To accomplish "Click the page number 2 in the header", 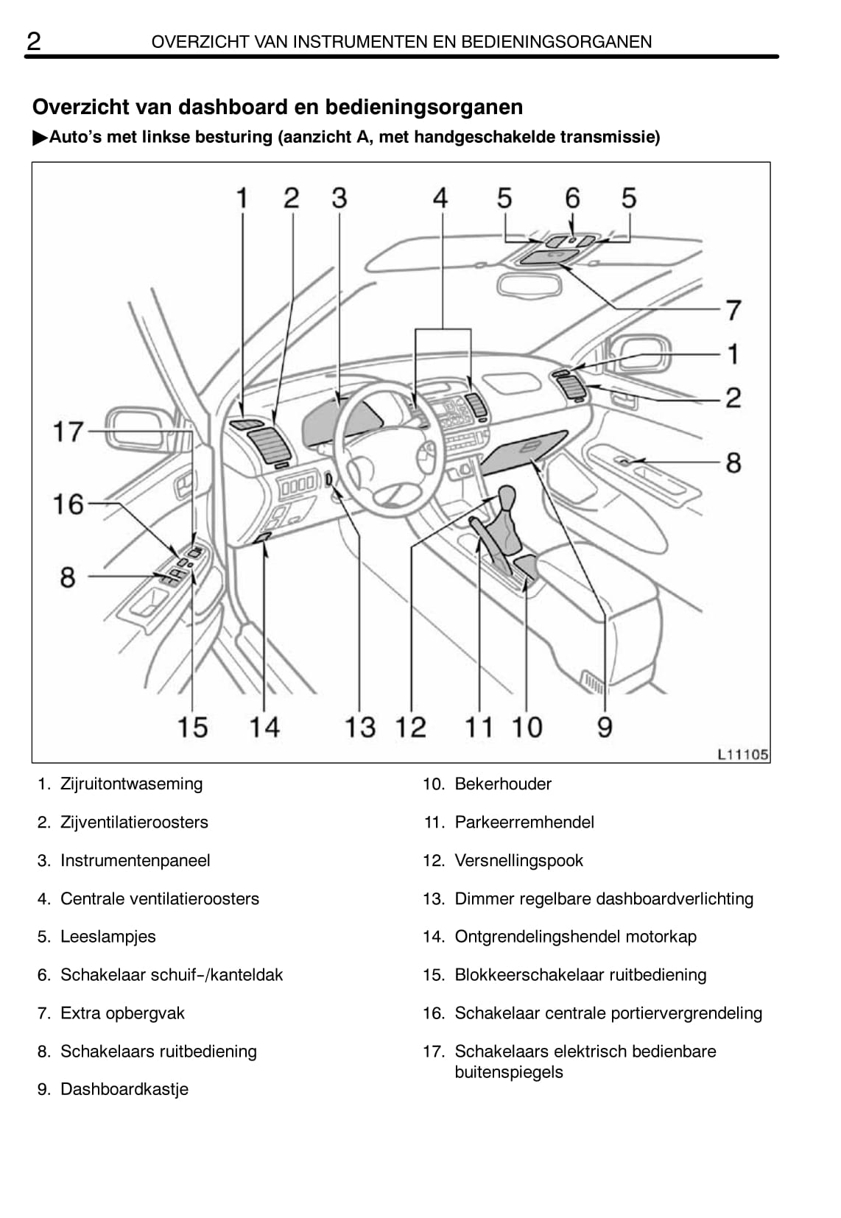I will pos(34,41).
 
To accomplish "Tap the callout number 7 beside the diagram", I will pos(733,310).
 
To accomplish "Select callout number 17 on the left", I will pos(68,432).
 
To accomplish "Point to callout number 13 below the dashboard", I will pos(360,728).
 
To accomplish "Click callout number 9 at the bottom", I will pos(605,728).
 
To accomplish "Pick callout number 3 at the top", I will pos(339,198).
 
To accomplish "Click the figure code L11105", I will pos(742,754).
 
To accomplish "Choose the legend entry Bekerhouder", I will pos(502,784).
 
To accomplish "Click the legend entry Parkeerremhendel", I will pos(524,823).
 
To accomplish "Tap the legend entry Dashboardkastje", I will pos(124,1090).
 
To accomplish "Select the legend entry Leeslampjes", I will pos(108,937).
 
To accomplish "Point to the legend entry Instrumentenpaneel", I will pos(135,861).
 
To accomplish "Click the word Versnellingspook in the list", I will pos(518,861).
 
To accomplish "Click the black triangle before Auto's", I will pos(40,138).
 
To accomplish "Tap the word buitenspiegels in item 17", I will pos(508,1072).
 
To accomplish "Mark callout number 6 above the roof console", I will pos(572,198).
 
